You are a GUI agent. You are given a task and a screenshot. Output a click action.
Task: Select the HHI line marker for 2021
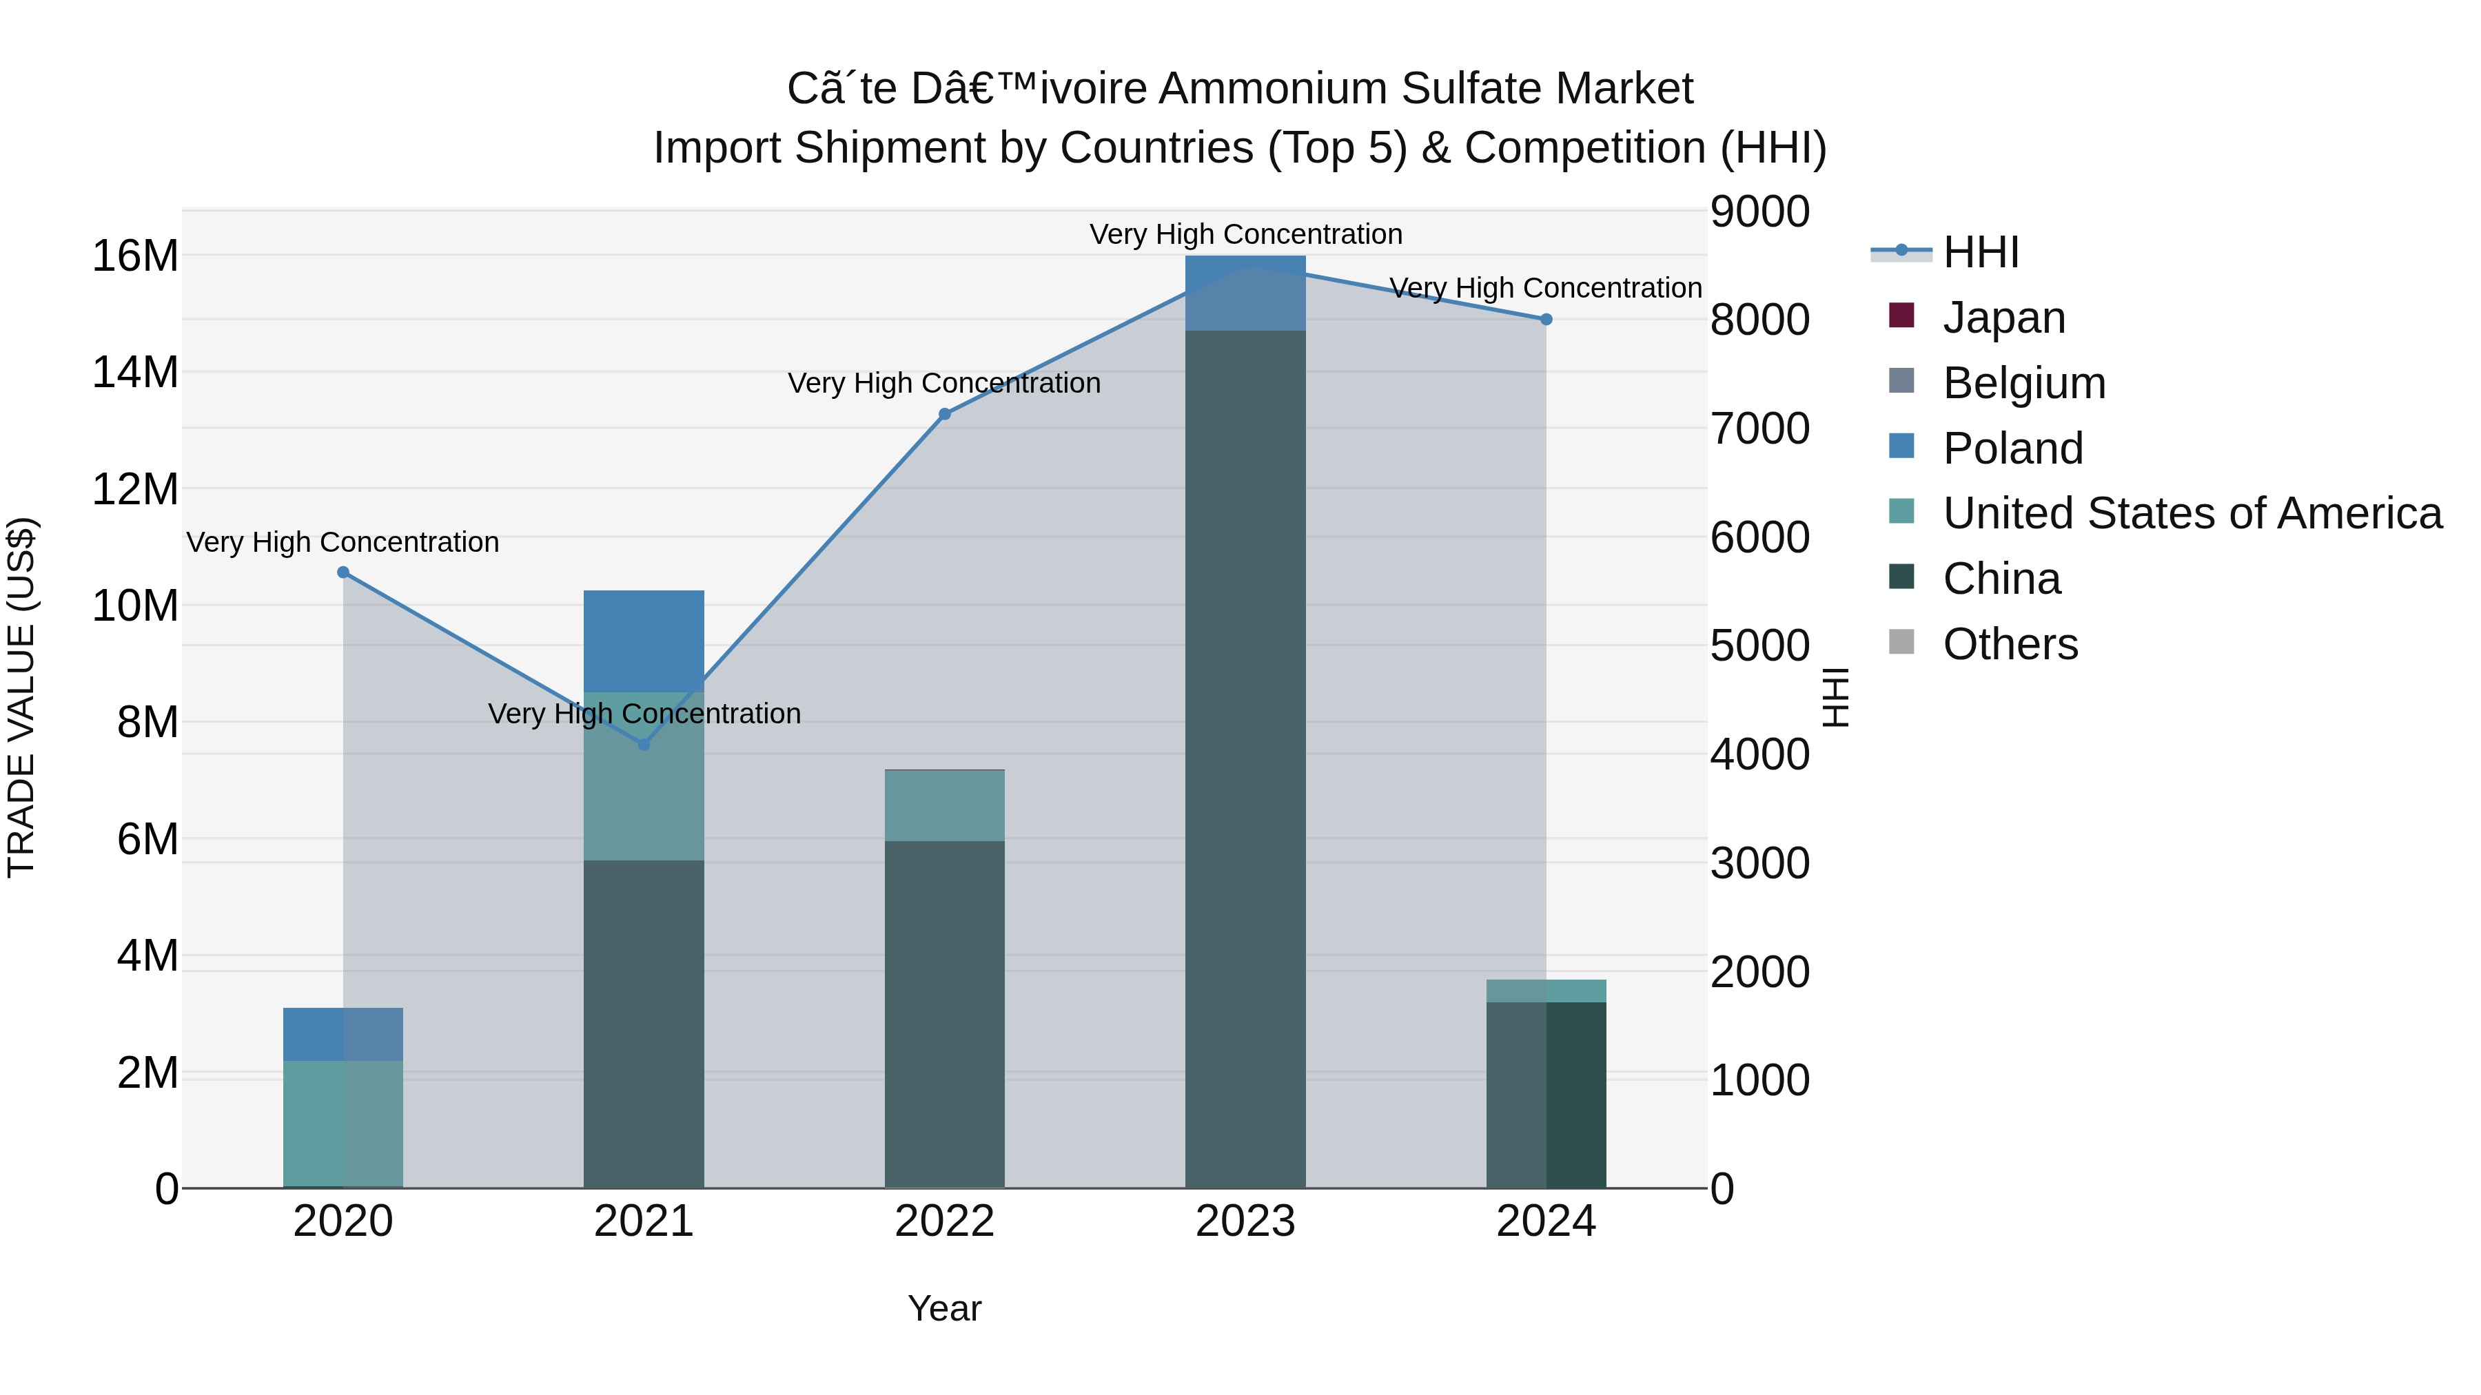644,744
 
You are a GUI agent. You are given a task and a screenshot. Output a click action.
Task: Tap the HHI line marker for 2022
945,414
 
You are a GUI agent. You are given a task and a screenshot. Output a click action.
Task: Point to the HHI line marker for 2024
1546,320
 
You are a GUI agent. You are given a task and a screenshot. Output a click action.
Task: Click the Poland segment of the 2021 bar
644,640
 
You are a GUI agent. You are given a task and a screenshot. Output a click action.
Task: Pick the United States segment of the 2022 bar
945,806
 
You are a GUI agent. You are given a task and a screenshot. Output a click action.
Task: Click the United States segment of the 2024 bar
1546,991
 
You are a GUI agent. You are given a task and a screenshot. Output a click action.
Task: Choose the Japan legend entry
2003,318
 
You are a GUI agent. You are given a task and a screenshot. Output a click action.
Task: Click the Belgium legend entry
2023,383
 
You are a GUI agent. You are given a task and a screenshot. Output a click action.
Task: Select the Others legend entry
2010,644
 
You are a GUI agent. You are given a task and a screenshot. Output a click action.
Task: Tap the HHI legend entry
1980,252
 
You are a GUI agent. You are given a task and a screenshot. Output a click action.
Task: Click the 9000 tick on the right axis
1759,211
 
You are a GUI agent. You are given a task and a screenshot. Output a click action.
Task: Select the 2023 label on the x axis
1245,1221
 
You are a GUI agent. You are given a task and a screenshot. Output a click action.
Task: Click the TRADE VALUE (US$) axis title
21,697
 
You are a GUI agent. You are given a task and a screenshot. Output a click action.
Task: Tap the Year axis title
944,1308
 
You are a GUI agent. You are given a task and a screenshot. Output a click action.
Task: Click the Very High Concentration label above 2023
1245,234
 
